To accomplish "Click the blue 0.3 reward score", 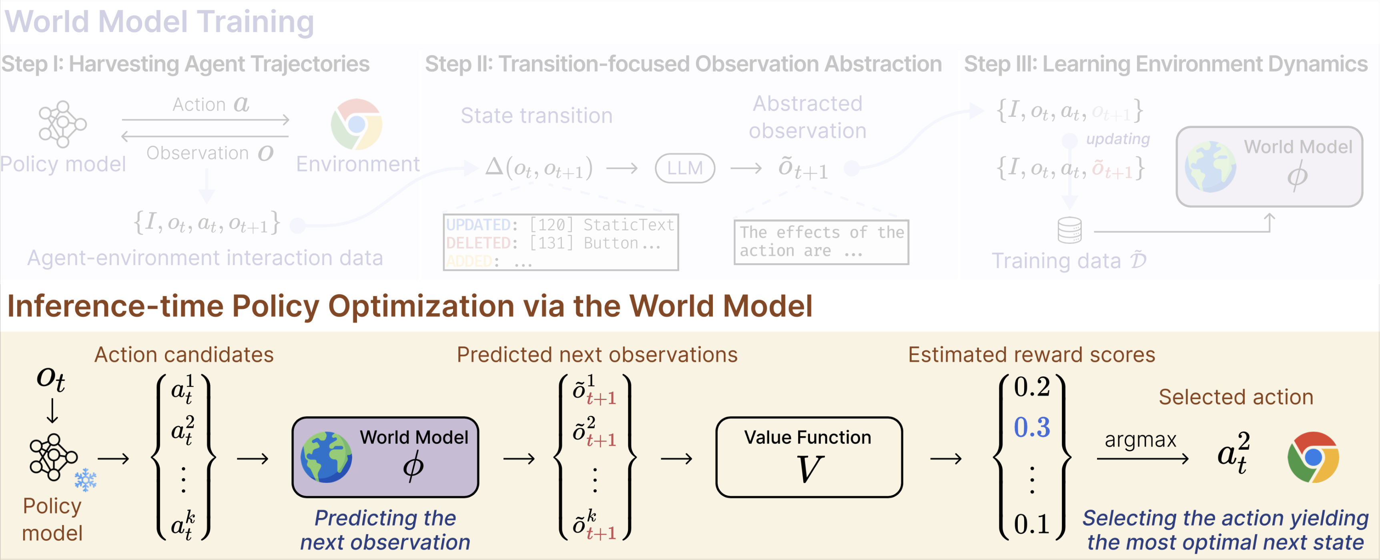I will tap(1032, 427).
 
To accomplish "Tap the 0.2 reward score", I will tap(1032, 386).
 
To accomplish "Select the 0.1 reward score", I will tap(1032, 524).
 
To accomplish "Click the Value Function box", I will tap(809, 457).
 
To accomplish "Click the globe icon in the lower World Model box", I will tap(326, 457).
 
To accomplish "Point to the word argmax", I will tap(1141, 440).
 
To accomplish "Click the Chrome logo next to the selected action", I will tap(1313, 457).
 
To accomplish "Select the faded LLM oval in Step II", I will tap(685, 168).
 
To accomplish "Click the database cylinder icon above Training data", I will tap(1069, 230).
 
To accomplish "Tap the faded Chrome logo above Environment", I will tap(356, 124).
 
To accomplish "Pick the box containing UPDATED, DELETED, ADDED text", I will tap(560, 242).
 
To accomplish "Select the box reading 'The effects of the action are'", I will tap(821, 242).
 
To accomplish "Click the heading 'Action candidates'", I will tap(184, 355).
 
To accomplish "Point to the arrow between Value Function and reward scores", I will tap(945, 458).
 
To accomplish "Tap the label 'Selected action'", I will tap(1236, 397).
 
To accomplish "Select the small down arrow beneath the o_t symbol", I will tap(52, 411).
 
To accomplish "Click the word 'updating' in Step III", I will tap(1117, 139).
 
